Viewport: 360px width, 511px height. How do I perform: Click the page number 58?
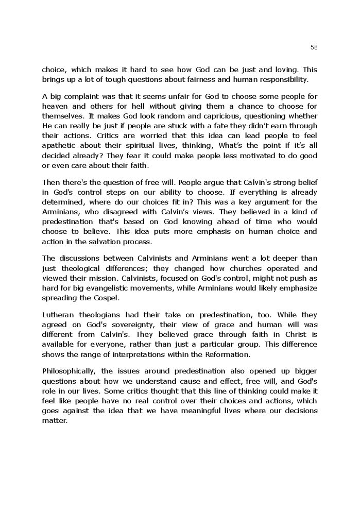(314, 47)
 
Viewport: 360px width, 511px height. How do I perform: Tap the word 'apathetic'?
(60, 146)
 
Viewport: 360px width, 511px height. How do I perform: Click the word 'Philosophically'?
(68, 371)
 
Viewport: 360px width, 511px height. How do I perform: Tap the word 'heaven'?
(55, 107)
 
